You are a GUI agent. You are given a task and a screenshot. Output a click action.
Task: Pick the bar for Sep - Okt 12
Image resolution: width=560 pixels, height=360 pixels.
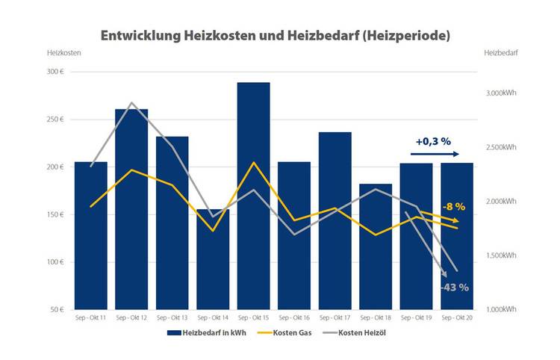pyautogui.click(x=131, y=209)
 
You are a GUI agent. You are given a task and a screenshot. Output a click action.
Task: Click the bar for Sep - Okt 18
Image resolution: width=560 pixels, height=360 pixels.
pyautogui.click(x=376, y=246)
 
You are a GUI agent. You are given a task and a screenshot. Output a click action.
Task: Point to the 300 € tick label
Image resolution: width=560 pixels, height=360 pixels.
pyautogui.click(x=57, y=72)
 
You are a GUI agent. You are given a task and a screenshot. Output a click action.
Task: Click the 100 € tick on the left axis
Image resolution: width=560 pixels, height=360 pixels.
pyautogui.click(x=57, y=262)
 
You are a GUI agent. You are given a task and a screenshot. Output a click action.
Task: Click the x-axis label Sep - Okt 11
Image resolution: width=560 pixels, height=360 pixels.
pyautogui.click(x=90, y=317)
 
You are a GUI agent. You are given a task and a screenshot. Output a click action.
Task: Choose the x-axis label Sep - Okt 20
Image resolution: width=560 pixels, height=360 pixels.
pyautogui.click(x=456, y=317)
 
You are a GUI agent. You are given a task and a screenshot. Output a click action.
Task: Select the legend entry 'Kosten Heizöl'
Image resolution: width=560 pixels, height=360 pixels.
pyautogui.click(x=364, y=333)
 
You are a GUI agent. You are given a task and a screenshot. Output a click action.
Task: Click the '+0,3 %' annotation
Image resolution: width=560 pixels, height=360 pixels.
pyautogui.click(x=434, y=140)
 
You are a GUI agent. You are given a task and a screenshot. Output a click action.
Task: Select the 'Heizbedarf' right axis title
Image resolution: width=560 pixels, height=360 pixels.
pyautogui.click(x=501, y=53)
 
